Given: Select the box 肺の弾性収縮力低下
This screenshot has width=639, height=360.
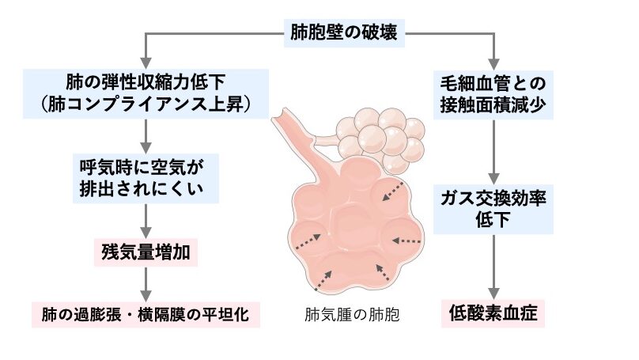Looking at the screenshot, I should click(x=146, y=81).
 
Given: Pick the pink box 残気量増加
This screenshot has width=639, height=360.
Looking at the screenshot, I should click(x=147, y=252).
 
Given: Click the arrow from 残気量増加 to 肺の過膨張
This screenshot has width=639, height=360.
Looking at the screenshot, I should click(x=146, y=282).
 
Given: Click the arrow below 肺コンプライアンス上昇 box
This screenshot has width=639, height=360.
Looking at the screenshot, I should click(x=146, y=135).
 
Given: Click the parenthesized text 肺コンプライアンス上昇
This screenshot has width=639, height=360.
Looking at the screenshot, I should click(x=146, y=103).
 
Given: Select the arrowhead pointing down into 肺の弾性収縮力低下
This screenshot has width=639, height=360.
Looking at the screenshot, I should click(x=146, y=63).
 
